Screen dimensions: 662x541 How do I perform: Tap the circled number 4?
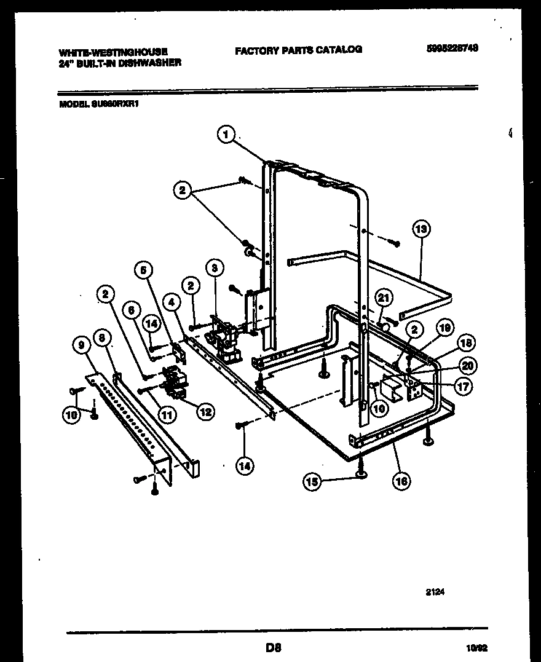tap(172, 302)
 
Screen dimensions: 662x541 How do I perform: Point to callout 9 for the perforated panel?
tap(79, 346)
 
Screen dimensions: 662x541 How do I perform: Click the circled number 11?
tap(167, 416)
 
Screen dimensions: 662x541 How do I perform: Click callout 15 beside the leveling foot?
tap(313, 483)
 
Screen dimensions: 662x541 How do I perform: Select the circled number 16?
tap(401, 481)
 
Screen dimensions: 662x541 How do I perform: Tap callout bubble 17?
tap(463, 387)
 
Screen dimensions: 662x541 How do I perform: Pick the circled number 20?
tap(467, 366)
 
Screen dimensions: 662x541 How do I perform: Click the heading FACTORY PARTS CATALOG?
tap(298, 50)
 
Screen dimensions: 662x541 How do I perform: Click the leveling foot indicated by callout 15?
tap(361, 471)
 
